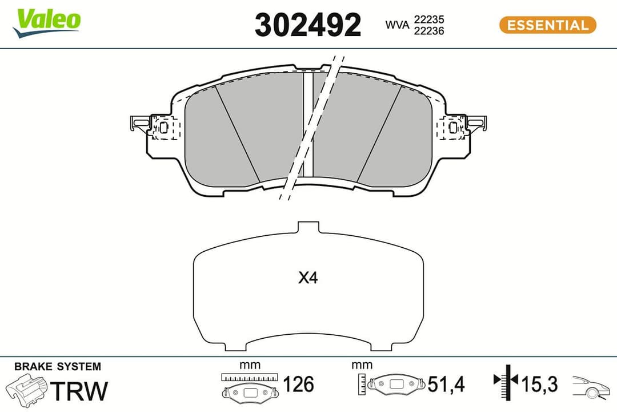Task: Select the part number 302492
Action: (307, 25)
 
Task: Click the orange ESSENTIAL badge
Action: (547, 25)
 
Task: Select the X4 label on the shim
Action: (308, 279)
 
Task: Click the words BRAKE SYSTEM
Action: (57, 366)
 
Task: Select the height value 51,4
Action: (446, 385)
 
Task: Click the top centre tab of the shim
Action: (308, 227)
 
